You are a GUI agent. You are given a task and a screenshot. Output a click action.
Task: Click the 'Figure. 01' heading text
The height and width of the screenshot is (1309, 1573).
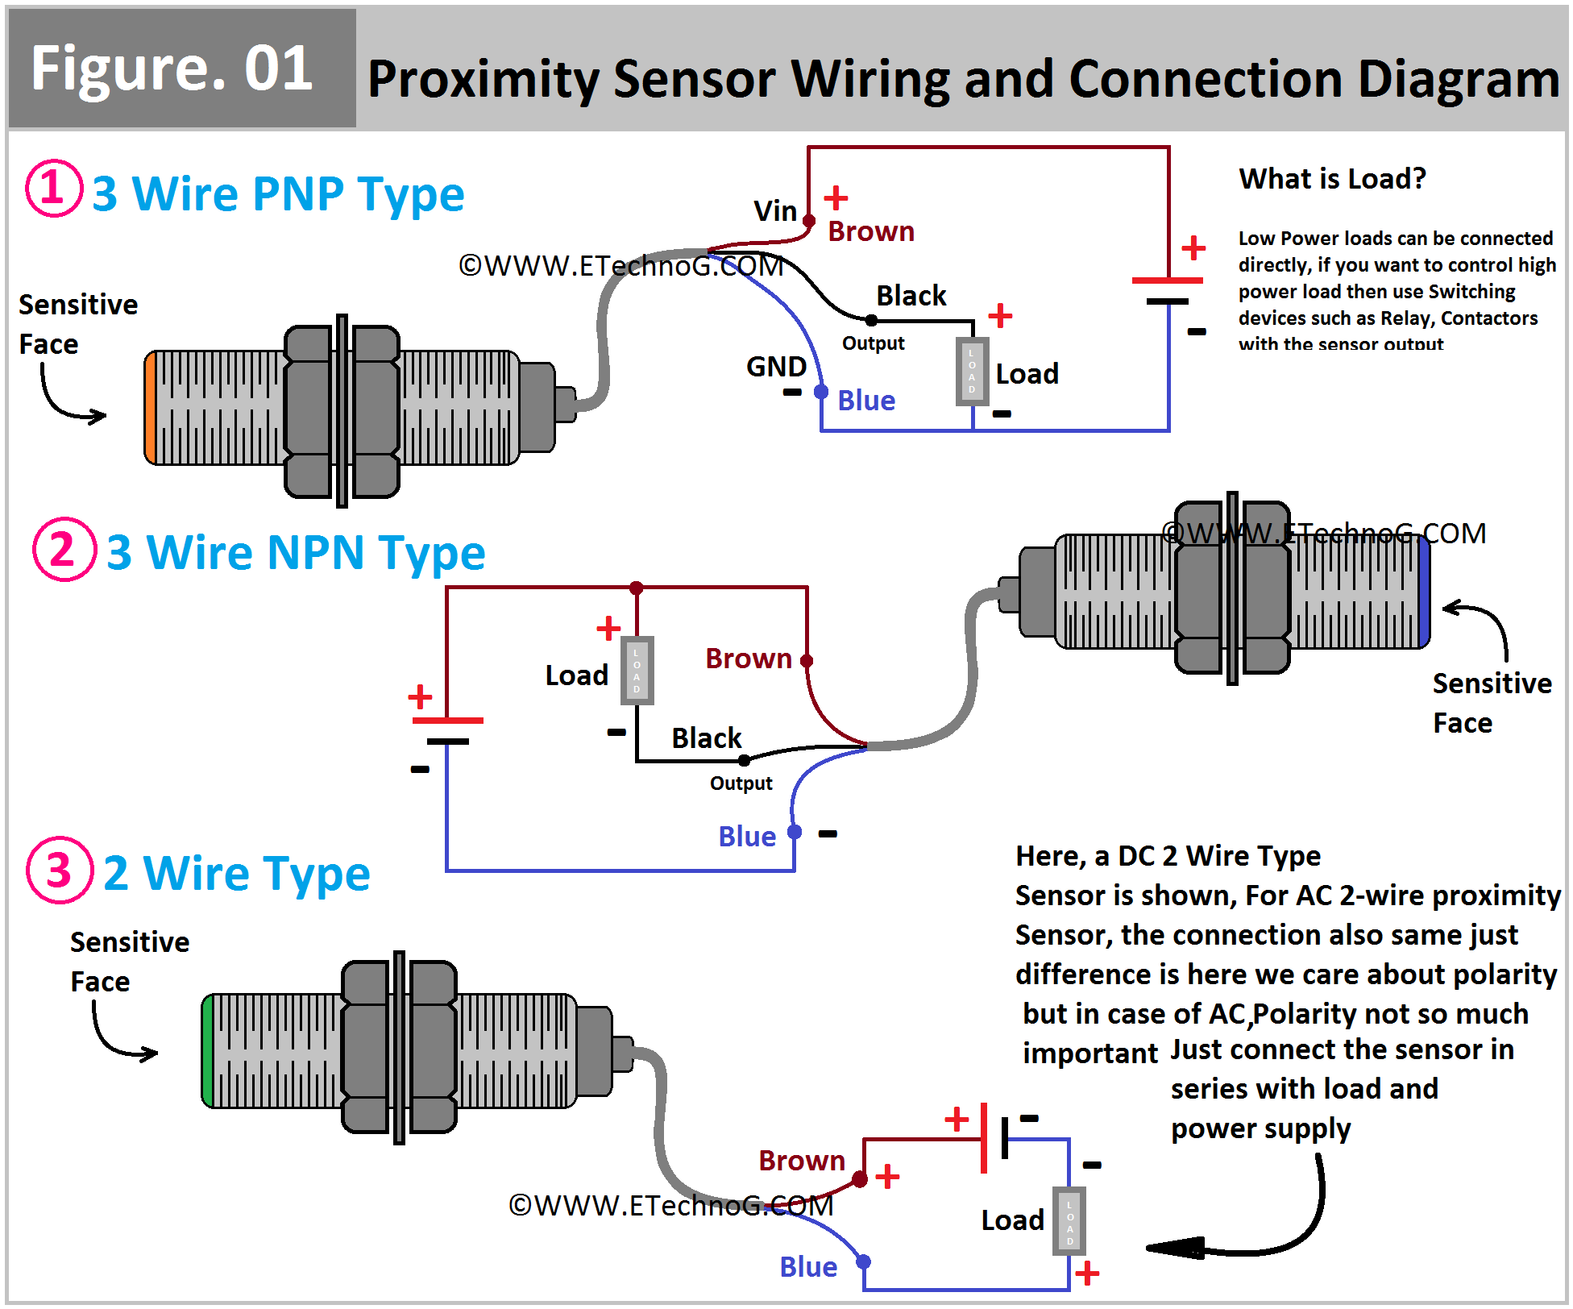pos(172,69)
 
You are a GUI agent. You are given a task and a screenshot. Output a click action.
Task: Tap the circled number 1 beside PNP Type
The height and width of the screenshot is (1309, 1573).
pos(53,188)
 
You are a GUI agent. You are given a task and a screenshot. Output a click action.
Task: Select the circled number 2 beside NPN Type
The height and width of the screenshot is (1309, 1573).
pos(64,549)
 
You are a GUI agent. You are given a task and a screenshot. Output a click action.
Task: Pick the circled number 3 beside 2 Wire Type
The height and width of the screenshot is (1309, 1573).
pos(60,870)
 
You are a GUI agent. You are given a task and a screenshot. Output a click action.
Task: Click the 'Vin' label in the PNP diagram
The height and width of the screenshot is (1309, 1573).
pos(774,211)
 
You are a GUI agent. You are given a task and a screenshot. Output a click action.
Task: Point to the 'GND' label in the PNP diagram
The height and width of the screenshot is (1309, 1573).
pos(776,367)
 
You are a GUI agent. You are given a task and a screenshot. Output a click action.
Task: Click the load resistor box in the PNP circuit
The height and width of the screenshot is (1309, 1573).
pos(972,372)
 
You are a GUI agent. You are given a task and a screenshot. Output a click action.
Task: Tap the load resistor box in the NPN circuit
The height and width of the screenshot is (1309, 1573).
pos(637,671)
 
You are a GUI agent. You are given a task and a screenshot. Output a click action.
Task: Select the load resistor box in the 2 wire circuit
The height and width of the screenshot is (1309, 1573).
pos(1069,1221)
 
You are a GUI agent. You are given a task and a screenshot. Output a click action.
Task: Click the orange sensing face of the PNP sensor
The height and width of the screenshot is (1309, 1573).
pos(150,408)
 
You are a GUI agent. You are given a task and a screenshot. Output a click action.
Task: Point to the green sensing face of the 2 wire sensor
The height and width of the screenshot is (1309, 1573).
pos(208,1051)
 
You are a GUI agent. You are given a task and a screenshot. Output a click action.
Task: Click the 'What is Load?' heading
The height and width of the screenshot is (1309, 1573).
pos(1332,178)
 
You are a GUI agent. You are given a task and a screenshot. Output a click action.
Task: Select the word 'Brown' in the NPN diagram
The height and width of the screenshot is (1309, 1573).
pos(749,659)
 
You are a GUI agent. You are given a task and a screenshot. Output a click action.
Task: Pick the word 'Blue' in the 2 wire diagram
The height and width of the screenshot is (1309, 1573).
pos(808,1267)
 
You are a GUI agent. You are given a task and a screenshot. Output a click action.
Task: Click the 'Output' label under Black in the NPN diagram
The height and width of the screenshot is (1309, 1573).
pos(741,783)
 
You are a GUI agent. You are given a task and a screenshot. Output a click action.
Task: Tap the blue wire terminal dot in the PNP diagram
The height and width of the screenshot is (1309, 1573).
pos(821,392)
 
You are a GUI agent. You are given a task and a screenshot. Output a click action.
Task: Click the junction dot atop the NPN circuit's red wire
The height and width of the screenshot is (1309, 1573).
pos(637,588)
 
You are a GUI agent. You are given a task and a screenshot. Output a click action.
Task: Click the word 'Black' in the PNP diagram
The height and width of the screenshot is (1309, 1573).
pos(911,296)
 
